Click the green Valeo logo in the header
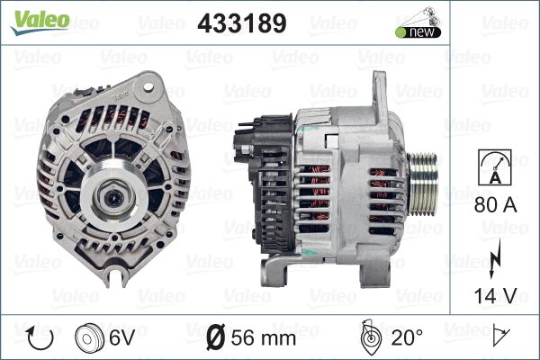click(40, 22)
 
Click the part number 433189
click(242, 23)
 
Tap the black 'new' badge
click(418, 32)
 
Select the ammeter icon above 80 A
click(495, 167)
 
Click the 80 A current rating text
click(495, 205)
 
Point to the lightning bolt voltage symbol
click(495, 258)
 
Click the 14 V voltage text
click(495, 295)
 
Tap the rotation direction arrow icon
click(40, 338)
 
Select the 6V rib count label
click(122, 337)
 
